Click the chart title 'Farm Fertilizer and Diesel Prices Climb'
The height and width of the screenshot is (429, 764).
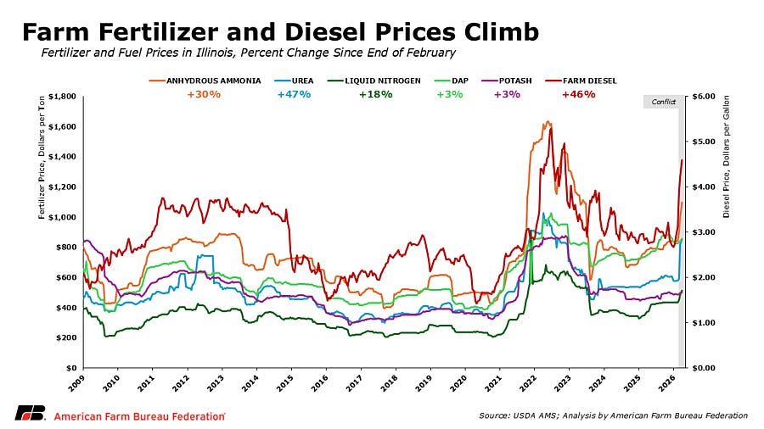click(279, 32)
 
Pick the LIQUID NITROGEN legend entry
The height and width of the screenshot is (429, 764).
click(374, 81)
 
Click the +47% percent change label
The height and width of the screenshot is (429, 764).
click(293, 94)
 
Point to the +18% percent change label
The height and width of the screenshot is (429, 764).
click(375, 94)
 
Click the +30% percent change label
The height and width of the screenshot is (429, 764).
click(204, 94)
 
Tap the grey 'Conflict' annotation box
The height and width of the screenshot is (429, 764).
click(663, 102)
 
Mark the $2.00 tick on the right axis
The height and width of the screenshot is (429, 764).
click(706, 277)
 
